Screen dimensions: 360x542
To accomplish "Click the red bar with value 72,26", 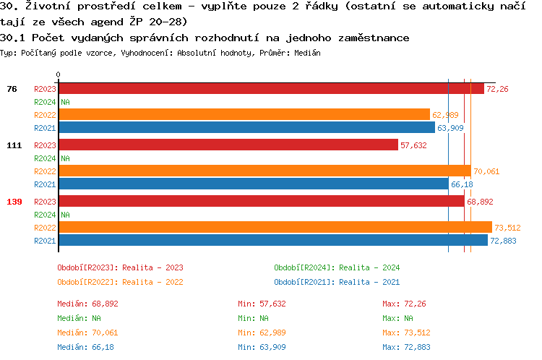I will click(271, 89).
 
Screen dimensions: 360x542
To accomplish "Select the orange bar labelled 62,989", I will click(244, 115).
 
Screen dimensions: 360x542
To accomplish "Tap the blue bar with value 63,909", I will click(246, 128).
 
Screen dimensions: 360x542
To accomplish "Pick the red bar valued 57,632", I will click(228, 145).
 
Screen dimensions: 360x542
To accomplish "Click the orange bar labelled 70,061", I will click(264, 171).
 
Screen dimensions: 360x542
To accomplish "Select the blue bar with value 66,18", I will click(253, 184).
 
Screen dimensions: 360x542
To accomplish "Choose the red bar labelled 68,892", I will click(261, 202).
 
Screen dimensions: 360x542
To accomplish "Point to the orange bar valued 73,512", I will click(275, 228).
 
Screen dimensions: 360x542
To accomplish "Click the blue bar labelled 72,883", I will click(272, 241).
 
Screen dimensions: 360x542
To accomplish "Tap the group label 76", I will click(12, 89).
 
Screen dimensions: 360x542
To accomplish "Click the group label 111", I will click(14, 145).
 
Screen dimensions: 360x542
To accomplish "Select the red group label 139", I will click(14, 202).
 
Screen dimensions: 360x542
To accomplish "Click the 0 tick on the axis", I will click(58, 74).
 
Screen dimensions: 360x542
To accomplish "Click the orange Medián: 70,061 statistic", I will click(87, 333).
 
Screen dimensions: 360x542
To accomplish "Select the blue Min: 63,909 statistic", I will click(263, 347).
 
